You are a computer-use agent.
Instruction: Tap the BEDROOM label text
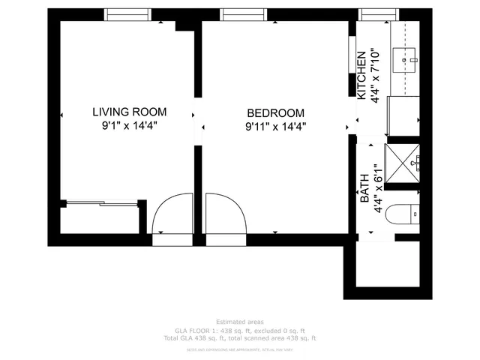pyautogui.click(x=276, y=112)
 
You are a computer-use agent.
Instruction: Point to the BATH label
pyautogui.click(x=365, y=188)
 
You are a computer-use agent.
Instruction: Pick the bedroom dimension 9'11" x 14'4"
pyautogui.click(x=276, y=127)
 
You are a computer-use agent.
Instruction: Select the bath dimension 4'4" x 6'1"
pyautogui.click(x=379, y=189)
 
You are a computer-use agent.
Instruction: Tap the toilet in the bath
pyautogui.click(x=411, y=214)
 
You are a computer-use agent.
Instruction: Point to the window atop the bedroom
pyautogui.click(x=240, y=14)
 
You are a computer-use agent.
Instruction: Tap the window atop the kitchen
pyautogui.click(x=373, y=14)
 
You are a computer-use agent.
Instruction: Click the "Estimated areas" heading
pyautogui.click(x=240, y=322)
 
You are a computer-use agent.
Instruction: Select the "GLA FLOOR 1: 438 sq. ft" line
pyautogui.click(x=240, y=330)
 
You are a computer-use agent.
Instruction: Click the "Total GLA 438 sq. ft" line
pyautogui.click(x=240, y=337)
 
